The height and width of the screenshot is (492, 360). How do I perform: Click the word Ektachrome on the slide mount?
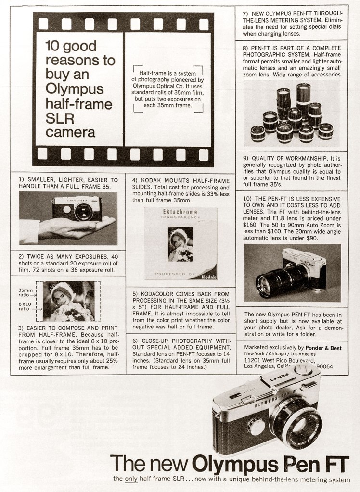coord(180,212)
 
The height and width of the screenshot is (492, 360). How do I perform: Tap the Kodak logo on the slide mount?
coord(209,276)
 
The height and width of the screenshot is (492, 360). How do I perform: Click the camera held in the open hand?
coord(77,209)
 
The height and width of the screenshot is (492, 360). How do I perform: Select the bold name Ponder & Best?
coord(324,347)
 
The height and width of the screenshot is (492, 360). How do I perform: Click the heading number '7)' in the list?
coord(246,13)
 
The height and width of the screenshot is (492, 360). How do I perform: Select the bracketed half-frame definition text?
coord(168,89)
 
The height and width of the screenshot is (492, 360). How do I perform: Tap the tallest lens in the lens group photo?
coord(303,99)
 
